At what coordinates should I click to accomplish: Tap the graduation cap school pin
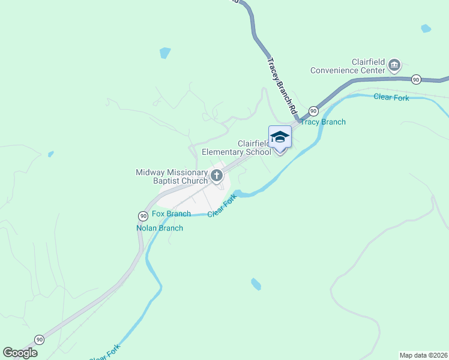(x=280, y=139)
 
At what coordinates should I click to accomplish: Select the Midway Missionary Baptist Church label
(x=172, y=176)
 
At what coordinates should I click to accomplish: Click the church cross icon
(x=217, y=176)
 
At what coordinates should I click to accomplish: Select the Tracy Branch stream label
(x=323, y=122)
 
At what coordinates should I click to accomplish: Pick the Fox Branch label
(x=171, y=214)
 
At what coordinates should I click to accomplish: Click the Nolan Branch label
(x=159, y=228)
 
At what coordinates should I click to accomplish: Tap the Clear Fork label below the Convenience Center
(x=391, y=97)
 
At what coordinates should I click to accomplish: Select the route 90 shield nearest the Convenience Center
(x=416, y=79)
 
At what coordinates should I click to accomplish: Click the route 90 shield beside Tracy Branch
(x=313, y=111)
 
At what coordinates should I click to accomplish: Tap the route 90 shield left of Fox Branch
(x=143, y=215)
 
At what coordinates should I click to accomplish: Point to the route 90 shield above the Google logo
(x=40, y=340)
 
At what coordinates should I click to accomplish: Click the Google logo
(x=20, y=353)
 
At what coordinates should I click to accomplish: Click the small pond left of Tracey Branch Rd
(x=165, y=53)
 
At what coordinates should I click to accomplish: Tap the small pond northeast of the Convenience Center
(x=426, y=28)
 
